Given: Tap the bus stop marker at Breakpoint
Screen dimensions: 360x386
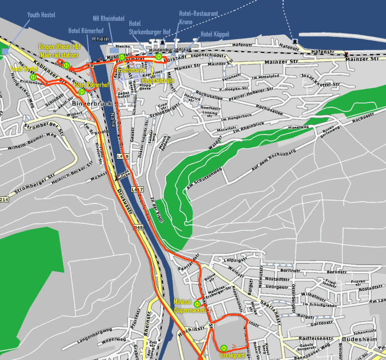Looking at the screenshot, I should pos(224,348).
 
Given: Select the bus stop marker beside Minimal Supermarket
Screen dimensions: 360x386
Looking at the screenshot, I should pos(197,304).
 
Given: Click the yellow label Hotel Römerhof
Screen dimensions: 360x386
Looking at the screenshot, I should pos(91,84).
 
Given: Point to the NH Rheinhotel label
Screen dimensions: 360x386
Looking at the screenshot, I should pos(109,18).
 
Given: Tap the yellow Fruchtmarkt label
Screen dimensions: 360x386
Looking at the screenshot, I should pos(130,71).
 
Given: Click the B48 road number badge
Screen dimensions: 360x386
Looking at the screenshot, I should pos(138,227).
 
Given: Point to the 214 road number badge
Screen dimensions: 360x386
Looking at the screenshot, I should pos(4,199).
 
